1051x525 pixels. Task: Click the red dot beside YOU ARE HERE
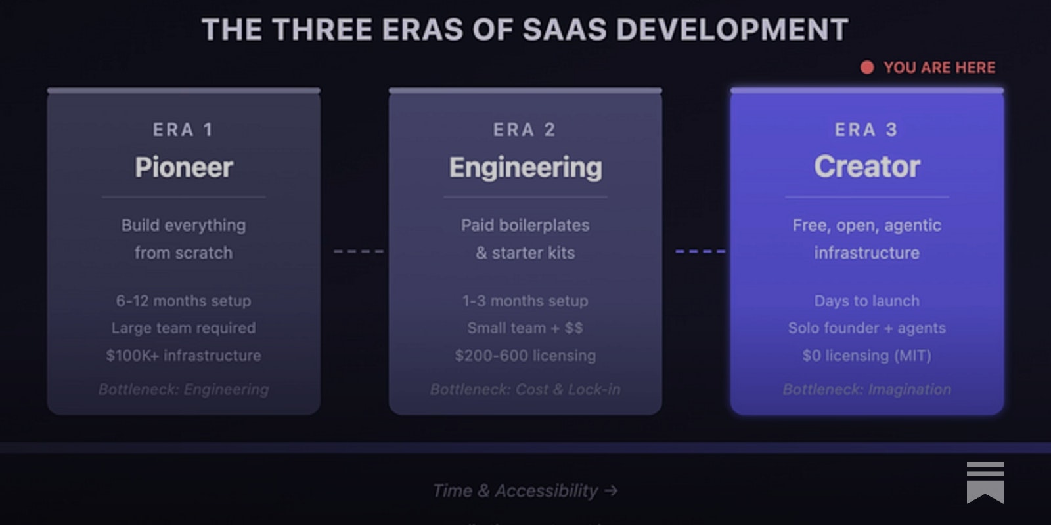pyautogui.click(x=867, y=68)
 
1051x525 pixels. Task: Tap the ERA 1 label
pyautogui.click(x=183, y=130)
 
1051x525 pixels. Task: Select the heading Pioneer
pyautogui.click(x=184, y=167)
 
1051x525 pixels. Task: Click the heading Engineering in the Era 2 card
pyautogui.click(x=525, y=167)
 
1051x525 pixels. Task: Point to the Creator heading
pyautogui.click(x=867, y=167)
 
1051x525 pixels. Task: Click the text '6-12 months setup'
pyautogui.click(x=183, y=301)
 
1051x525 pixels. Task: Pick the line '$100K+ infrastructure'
pyautogui.click(x=183, y=356)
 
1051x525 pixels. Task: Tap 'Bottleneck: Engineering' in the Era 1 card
pyautogui.click(x=183, y=390)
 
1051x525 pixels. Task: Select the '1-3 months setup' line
pyautogui.click(x=525, y=301)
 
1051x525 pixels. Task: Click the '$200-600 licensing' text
pyautogui.click(x=525, y=356)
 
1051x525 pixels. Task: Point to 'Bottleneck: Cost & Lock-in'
pyautogui.click(x=525, y=390)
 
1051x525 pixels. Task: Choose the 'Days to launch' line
pyautogui.click(x=867, y=301)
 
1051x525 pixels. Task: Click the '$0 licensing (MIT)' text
pyautogui.click(x=867, y=356)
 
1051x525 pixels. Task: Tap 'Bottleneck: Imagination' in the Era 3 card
pyautogui.click(x=867, y=390)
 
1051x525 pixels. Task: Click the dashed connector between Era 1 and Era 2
pyautogui.click(x=359, y=251)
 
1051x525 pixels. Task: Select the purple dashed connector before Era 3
pyautogui.click(x=700, y=251)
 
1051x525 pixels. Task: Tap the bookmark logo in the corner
pyautogui.click(x=985, y=482)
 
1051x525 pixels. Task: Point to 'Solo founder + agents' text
pyautogui.click(x=867, y=328)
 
